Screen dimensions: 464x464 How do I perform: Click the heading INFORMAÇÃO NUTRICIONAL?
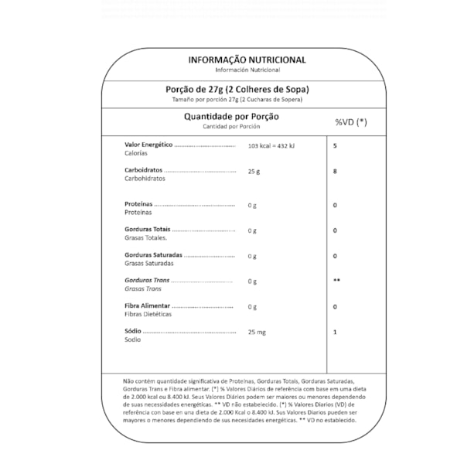(247, 60)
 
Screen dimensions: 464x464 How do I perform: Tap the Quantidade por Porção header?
(230, 117)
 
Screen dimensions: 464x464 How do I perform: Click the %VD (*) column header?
(350, 122)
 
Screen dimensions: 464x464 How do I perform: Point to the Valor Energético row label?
(148, 145)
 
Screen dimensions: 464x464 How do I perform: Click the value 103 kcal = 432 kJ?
(271, 145)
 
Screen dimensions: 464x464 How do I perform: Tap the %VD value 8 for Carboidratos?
(335, 171)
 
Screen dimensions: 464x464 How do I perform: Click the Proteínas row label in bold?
(139, 205)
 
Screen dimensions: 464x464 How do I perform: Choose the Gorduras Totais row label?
(148, 230)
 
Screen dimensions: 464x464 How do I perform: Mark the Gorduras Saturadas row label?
(153, 256)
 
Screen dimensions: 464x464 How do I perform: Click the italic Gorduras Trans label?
(147, 281)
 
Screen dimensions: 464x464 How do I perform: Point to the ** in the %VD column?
(336, 281)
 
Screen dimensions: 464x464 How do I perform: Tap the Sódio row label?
(134, 333)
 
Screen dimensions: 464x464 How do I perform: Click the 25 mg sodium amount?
(256, 333)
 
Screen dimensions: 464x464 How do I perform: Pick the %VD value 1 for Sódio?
(335, 333)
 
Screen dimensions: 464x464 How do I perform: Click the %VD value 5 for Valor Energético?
(335, 145)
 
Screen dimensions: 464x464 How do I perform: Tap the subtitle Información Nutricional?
(247, 70)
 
